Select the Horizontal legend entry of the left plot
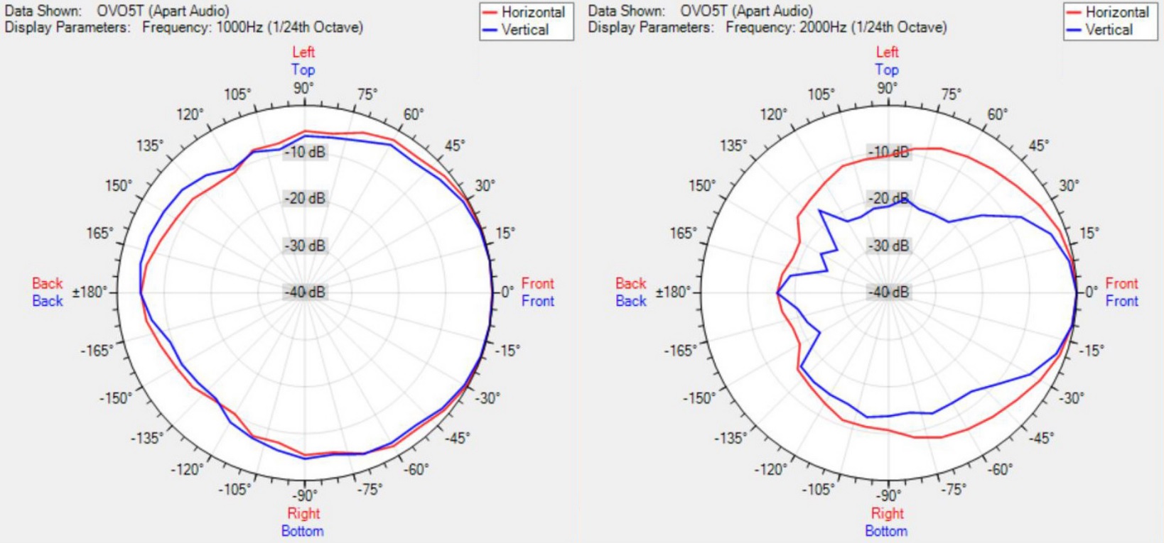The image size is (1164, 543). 532,12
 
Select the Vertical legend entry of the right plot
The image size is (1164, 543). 1109,30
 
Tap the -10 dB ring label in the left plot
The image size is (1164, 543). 305,152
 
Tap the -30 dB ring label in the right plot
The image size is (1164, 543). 889,246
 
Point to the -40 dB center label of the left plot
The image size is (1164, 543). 305,292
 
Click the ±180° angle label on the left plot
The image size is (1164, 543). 90,292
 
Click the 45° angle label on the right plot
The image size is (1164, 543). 1038,146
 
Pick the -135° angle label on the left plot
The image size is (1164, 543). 147,438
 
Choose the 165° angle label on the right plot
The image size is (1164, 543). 684,233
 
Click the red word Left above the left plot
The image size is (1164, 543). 303,52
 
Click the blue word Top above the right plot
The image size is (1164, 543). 887,70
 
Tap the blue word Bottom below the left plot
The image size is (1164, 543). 302,531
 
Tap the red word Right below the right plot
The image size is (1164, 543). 887,513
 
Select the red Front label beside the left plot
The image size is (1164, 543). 537,283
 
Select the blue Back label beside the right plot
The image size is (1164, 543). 631,301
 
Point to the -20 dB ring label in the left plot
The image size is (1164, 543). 305,199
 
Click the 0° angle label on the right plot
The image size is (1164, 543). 1091,292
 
